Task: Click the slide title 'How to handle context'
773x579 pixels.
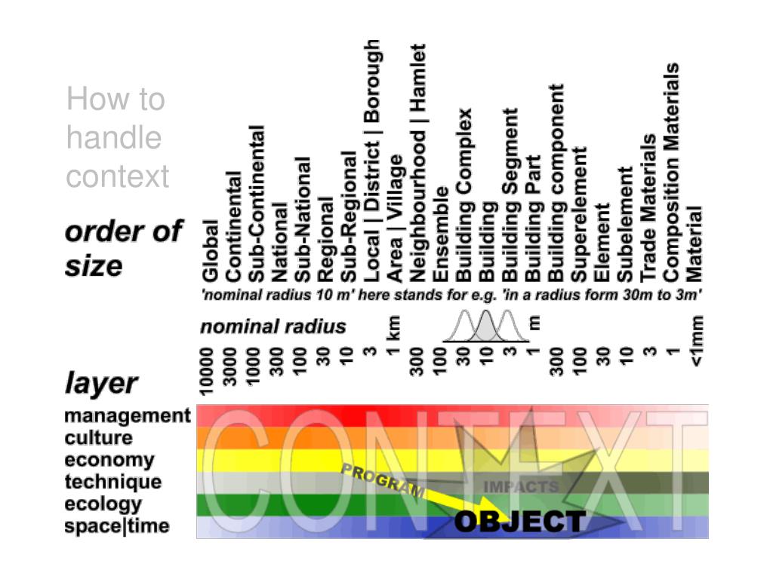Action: (117, 138)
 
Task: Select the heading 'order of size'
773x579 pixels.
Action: (123, 248)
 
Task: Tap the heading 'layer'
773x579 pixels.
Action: (100, 383)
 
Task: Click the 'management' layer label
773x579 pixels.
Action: (128, 415)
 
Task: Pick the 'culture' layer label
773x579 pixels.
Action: (98, 437)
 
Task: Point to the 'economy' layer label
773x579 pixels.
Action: (109, 459)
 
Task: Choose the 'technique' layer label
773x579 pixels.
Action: (112, 481)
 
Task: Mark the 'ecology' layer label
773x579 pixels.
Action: (103, 503)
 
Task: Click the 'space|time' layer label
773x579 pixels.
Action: (117, 525)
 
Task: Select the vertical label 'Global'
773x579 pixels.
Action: (210, 250)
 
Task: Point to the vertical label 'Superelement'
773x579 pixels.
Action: (579, 213)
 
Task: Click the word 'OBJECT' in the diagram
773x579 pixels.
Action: (519, 522)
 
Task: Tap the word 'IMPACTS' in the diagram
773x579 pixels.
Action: (521, 486)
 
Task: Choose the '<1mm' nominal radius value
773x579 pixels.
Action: (697, 340)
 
